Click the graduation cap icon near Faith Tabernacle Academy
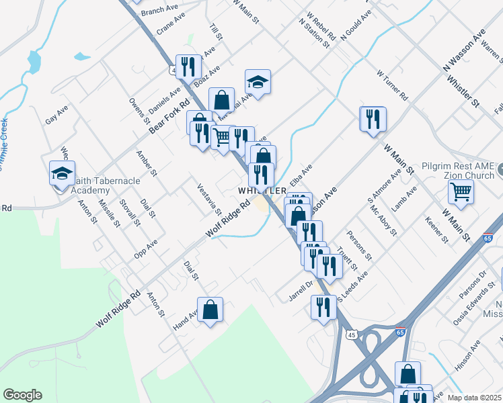click(63, 173)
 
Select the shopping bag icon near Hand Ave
click(210, 310)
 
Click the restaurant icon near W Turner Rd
click(373, 119)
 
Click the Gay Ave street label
click(56, 114)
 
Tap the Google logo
click(22, 395)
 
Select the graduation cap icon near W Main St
click(257, 82)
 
